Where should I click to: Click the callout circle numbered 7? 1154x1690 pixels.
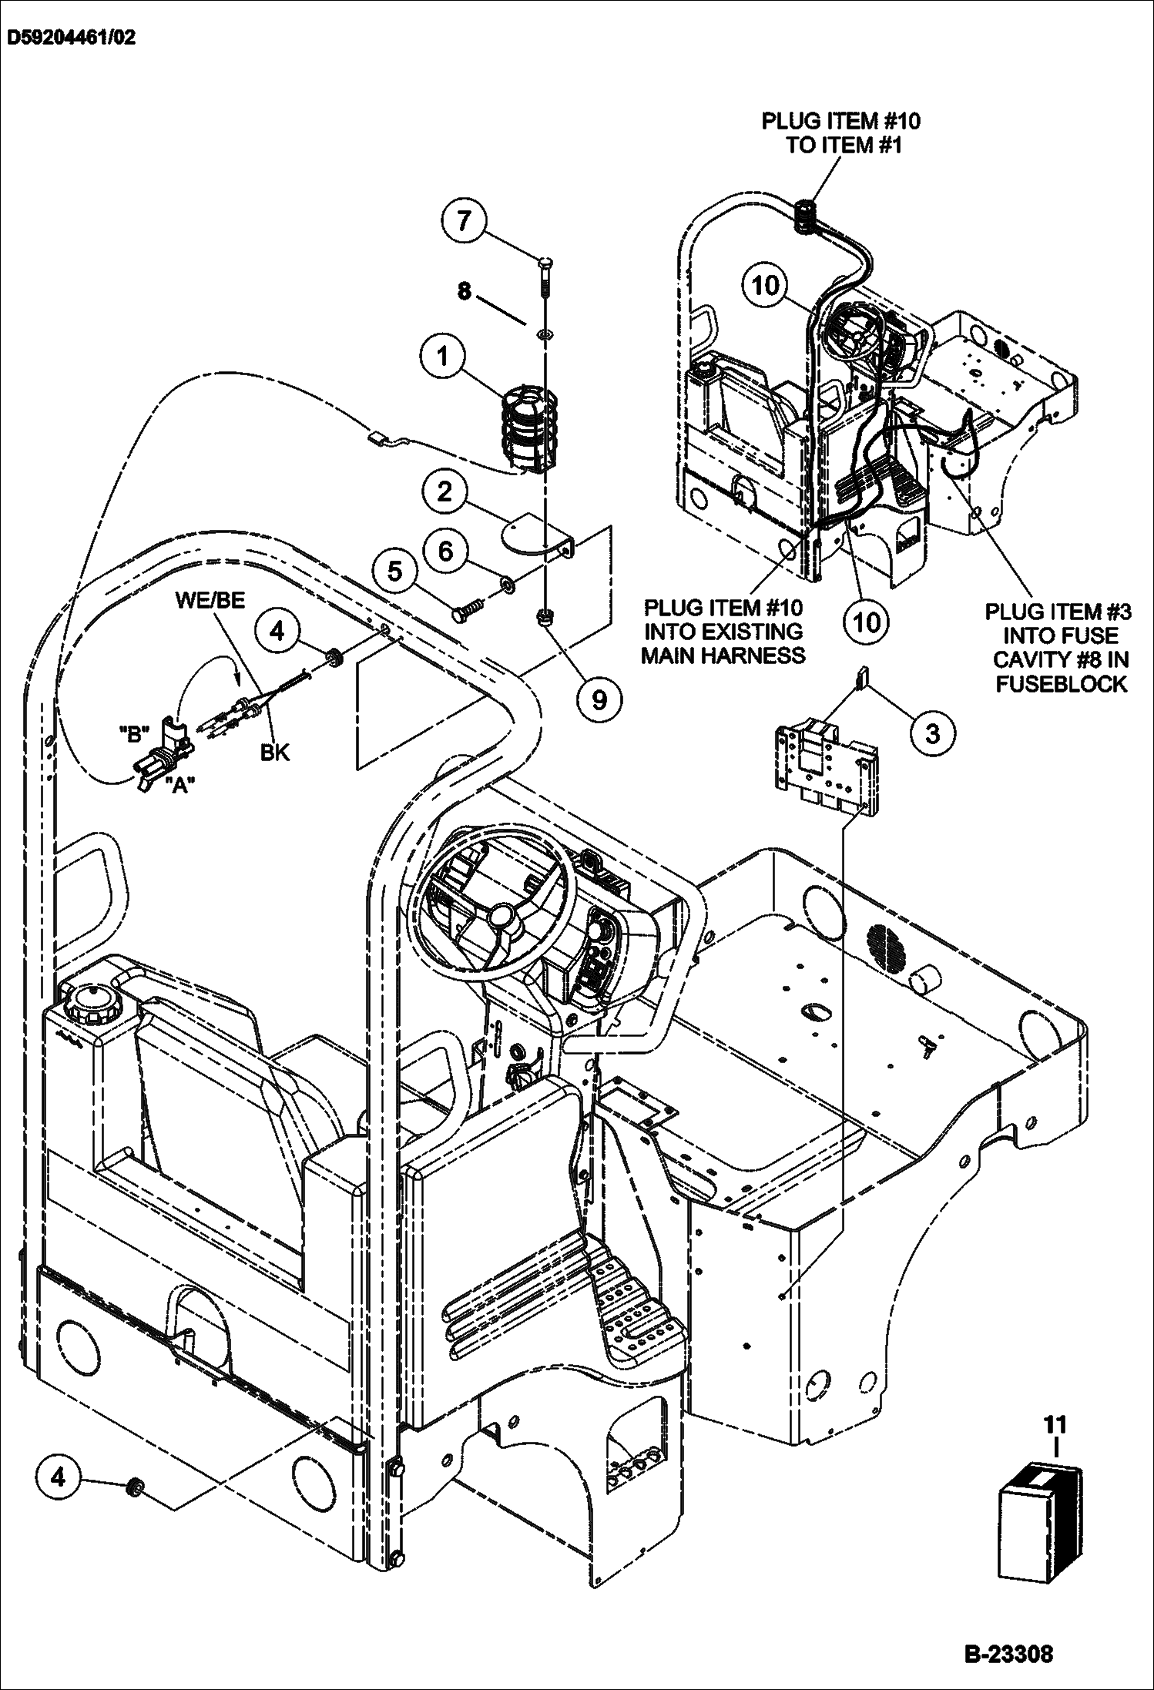click(463, 222)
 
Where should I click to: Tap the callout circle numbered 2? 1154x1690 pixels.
click(444, 491)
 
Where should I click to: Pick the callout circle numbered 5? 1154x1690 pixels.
click(394, 571)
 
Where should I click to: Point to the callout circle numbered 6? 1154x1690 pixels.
click(448, 552)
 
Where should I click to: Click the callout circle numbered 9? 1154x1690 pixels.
click(599, 699)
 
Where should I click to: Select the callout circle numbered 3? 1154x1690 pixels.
click(932, 733)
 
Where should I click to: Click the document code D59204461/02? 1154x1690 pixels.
click(72, 38)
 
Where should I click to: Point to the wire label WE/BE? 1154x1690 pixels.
click(210, 601)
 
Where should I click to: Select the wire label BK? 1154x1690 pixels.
click(274, 752)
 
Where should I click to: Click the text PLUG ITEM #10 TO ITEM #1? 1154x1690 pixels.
click(840, 132)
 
